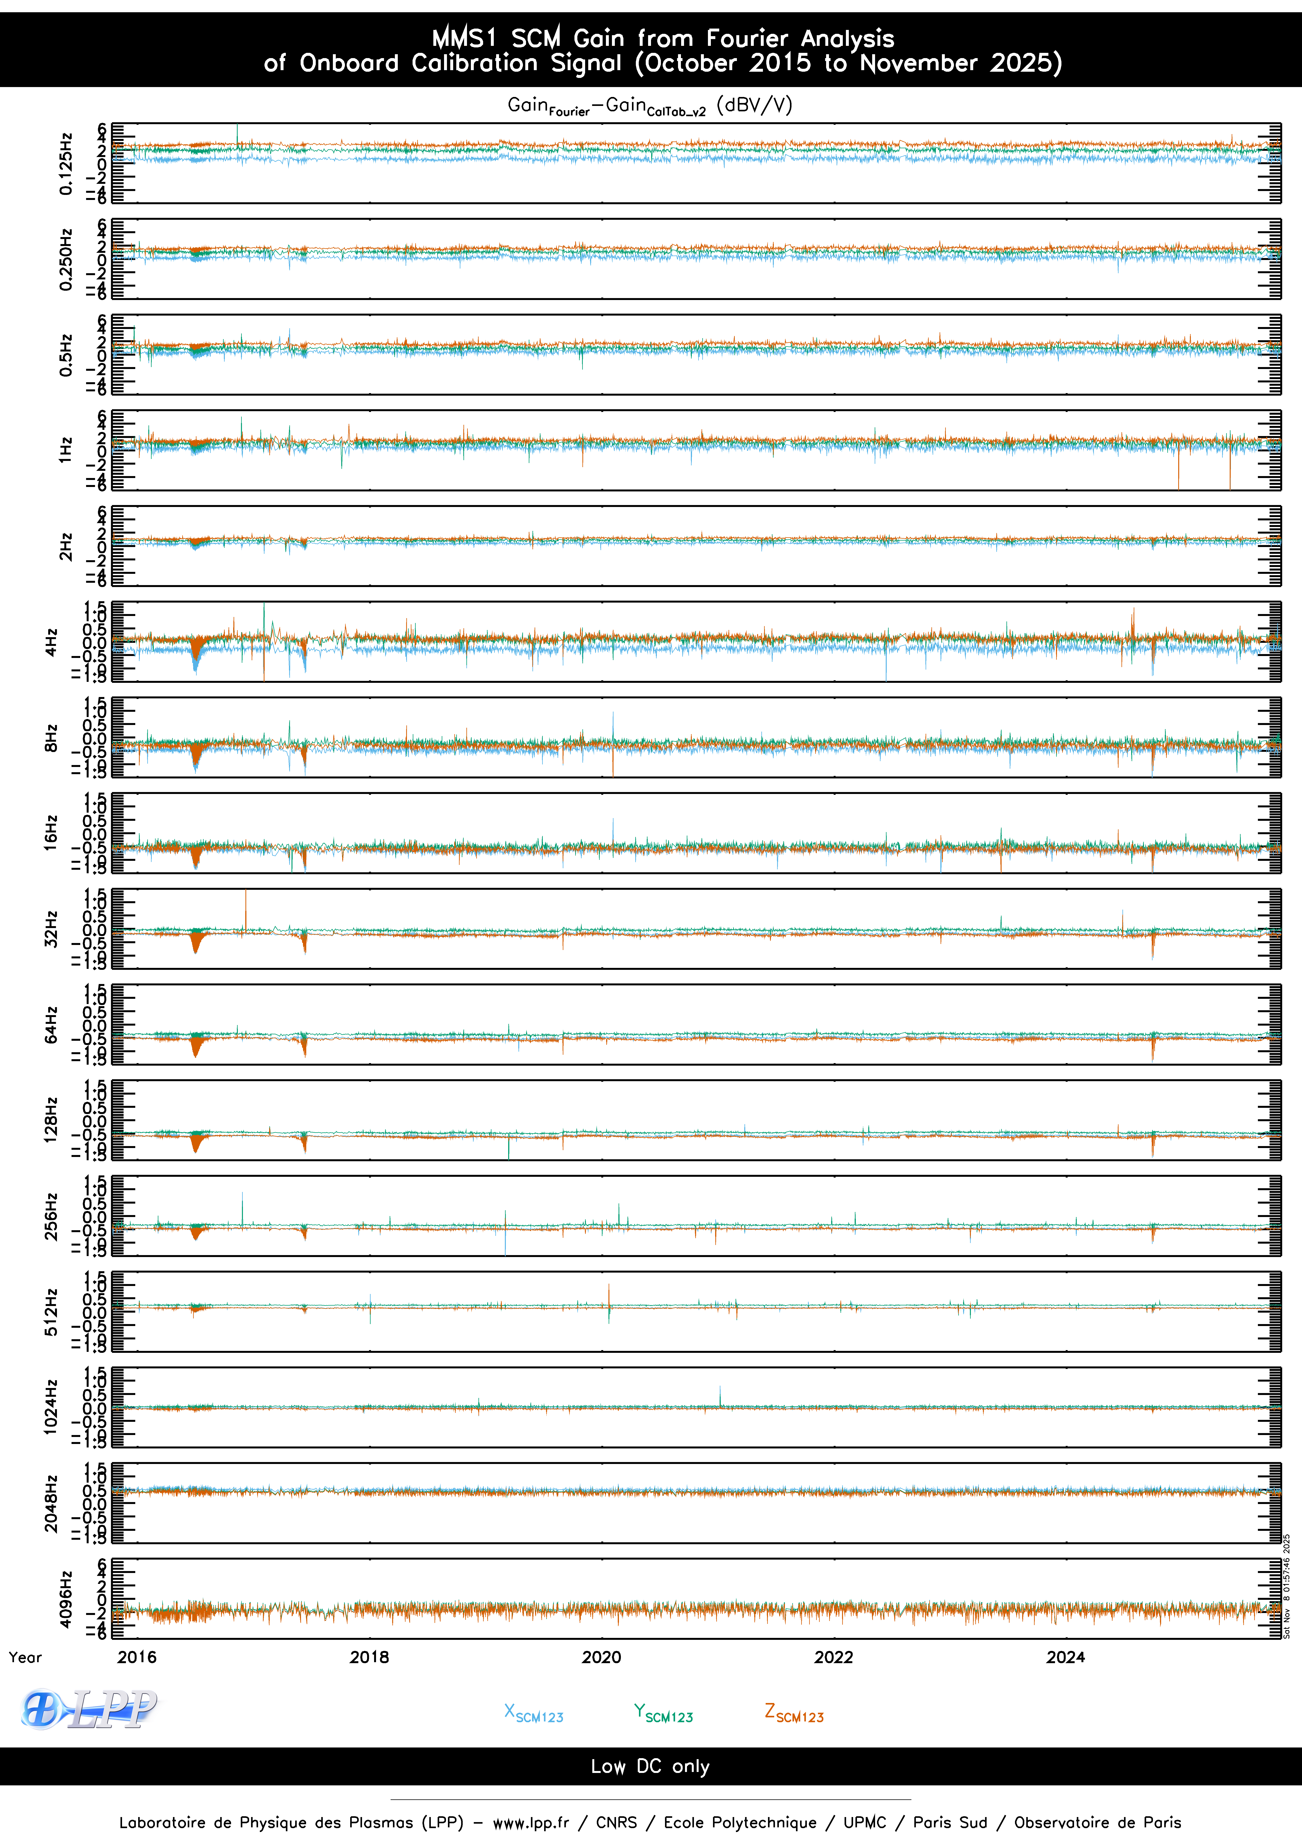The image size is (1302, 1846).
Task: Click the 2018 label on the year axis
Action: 369,1657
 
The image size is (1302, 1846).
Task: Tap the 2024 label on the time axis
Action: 1066,1657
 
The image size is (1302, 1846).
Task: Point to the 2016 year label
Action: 137,1657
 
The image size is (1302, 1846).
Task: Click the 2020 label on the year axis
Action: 601,1657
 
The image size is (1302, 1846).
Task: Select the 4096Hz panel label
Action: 66,1599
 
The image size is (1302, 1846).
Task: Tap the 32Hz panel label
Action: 51,929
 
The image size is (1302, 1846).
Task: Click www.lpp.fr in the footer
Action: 531,1823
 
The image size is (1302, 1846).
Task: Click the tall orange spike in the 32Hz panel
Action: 246,909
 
